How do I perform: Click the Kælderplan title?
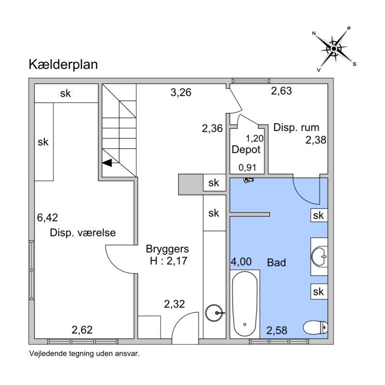tap(63, 64)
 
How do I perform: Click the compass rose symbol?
tap(334, 48)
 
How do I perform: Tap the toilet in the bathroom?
tap(316, 327)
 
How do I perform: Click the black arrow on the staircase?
tap(107, 163)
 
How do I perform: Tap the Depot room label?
tap(246, 150)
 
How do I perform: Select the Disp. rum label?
tap(296, 128)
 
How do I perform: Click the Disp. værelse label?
tap(83, 233)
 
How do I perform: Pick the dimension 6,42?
tap(48, 218)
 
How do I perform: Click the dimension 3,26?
tap(181, 91)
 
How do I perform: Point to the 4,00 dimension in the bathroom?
tap(241, 262)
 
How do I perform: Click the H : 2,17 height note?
tap(168, 261)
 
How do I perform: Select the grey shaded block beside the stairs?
tap(190, 183)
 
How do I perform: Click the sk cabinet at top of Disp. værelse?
tap(65, 94)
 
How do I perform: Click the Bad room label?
tap(277, 263)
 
